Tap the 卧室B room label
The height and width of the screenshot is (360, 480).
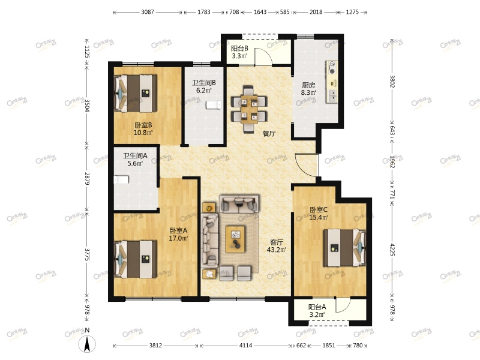143,125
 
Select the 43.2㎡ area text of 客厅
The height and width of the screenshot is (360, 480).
277,250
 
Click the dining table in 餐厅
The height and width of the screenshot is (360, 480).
249,109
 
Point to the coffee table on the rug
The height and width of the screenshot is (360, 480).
235,239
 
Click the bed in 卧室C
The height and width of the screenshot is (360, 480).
344,248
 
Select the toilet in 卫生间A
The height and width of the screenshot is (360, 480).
121,179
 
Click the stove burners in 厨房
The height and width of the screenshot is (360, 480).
332,68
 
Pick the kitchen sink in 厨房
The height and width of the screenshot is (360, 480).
332,96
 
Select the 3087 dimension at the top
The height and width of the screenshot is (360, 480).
148,12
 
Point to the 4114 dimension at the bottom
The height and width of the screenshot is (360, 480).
245,346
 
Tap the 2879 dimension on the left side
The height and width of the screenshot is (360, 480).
86,179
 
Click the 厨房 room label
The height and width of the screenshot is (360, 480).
308,85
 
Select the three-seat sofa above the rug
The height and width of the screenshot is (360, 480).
239,203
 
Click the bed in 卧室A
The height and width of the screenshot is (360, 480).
136,259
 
